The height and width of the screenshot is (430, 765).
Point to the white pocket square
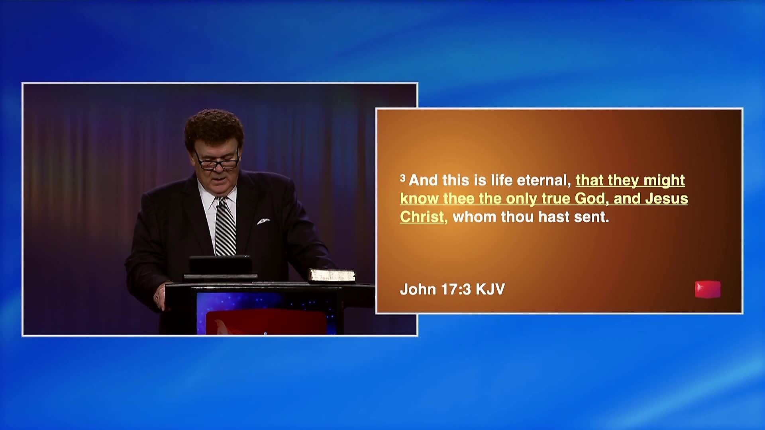coord(263,221)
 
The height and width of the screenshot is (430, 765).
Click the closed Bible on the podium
coord(332,275)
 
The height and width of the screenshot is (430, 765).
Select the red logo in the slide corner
coord(708,289)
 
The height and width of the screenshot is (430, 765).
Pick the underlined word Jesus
coord(666,199)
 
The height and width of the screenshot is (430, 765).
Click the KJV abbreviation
coord(490,289)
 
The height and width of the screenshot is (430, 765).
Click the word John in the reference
coord(418,289)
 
